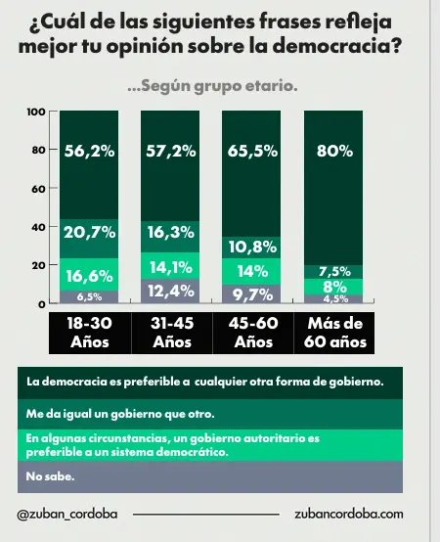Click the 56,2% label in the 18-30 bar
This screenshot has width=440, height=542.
pyautogui.click(x=89, y=152)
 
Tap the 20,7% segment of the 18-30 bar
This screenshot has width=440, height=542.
pyautogui.click(x=89, y=233)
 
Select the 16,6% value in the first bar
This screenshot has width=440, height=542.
pyautogui.click(x=89, y=275)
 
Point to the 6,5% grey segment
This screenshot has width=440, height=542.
pyautogui.click(x=89, y=297)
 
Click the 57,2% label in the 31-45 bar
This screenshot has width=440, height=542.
pyautogui.click(x=170, y=152)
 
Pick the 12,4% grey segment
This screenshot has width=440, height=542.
pyautogui.click(x=170, y=292)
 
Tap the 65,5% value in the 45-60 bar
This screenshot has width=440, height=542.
pyautogui.click(x=252, y=152)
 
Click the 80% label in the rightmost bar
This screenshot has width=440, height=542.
pyautogui.click(x=333, y=152)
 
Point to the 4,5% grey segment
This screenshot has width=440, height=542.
pyautogui.click(x=333, y=299)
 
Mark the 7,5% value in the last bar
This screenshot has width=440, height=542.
pyautogui.click(x=333, y=271)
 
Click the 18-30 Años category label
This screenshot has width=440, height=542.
pyautogui.click(x=89, y=333)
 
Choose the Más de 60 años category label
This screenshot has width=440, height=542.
pyautogui.click(x=333, y=333)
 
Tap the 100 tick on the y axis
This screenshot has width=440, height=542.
pyautogui.click(x=37, y=112)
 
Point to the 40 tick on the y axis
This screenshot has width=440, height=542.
pyautogui.click(x=39, y=227)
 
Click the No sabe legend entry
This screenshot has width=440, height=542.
pyautogui.click(x=50, y=477)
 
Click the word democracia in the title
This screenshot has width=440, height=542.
pyautogui.click(x=332, y=47)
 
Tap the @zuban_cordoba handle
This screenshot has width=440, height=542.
pyautogui.click(x=67, y=514)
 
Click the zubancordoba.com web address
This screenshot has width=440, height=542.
pyautogui.click(x=348, y=514)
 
